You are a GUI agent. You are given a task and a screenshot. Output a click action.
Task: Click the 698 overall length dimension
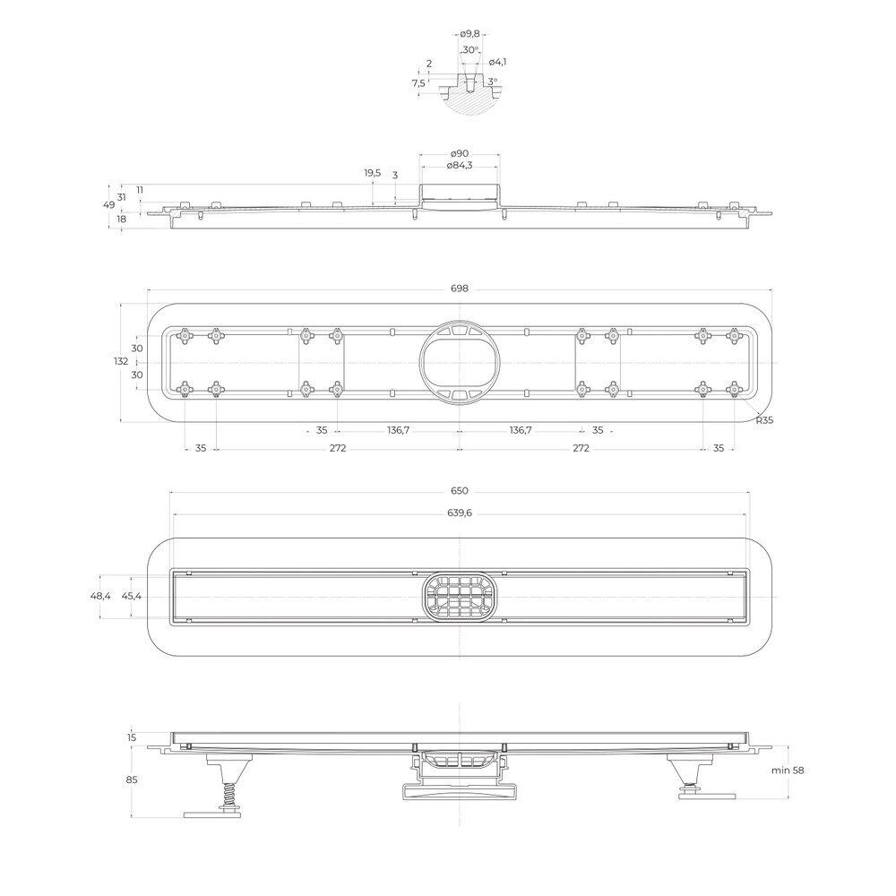(459, 289)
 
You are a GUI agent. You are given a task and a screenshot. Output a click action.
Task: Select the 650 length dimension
(459, 491)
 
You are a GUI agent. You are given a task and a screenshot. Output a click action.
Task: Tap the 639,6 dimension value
(460, 513)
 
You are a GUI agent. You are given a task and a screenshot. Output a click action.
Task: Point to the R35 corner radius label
(764, 420)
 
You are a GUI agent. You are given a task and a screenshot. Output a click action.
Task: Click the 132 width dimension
(121, 361)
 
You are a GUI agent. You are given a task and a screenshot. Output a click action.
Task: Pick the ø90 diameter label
(460, 153)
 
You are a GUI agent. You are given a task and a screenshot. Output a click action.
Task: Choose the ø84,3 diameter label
(460, 166)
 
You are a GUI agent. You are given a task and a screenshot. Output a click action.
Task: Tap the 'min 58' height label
(788, 771)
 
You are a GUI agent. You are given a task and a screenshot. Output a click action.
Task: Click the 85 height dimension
(132, 780)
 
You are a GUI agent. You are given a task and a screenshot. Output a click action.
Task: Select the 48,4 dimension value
(100, 596)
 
